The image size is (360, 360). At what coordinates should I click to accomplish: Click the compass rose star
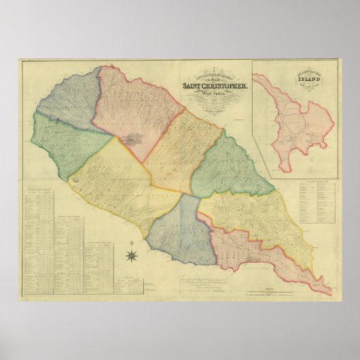click(x=132, y=255)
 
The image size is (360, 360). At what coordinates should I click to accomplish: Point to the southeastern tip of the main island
click(x=330, y=293)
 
